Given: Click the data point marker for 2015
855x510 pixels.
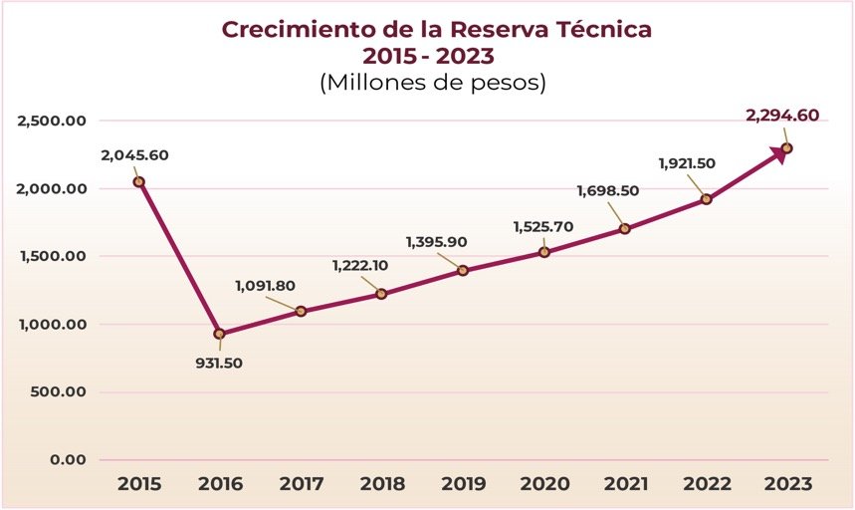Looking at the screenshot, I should [139, 181].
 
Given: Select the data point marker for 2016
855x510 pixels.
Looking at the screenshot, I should [220, 334].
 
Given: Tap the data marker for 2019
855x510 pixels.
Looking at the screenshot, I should [463, 270].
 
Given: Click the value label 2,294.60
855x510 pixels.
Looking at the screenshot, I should [782, 116].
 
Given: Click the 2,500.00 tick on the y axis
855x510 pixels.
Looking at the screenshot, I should [53, 121].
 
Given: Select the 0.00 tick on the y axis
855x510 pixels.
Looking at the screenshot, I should [68, 459].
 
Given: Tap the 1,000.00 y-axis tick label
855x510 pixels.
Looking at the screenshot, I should [53, 324].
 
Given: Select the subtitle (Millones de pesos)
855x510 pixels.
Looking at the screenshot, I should [433, 83].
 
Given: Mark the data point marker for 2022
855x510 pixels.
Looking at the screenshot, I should [707, 199].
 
